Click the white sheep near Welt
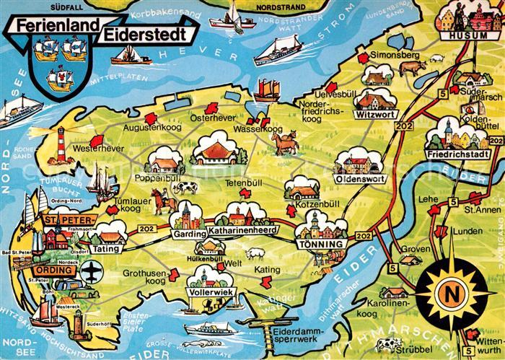click(252, 253)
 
